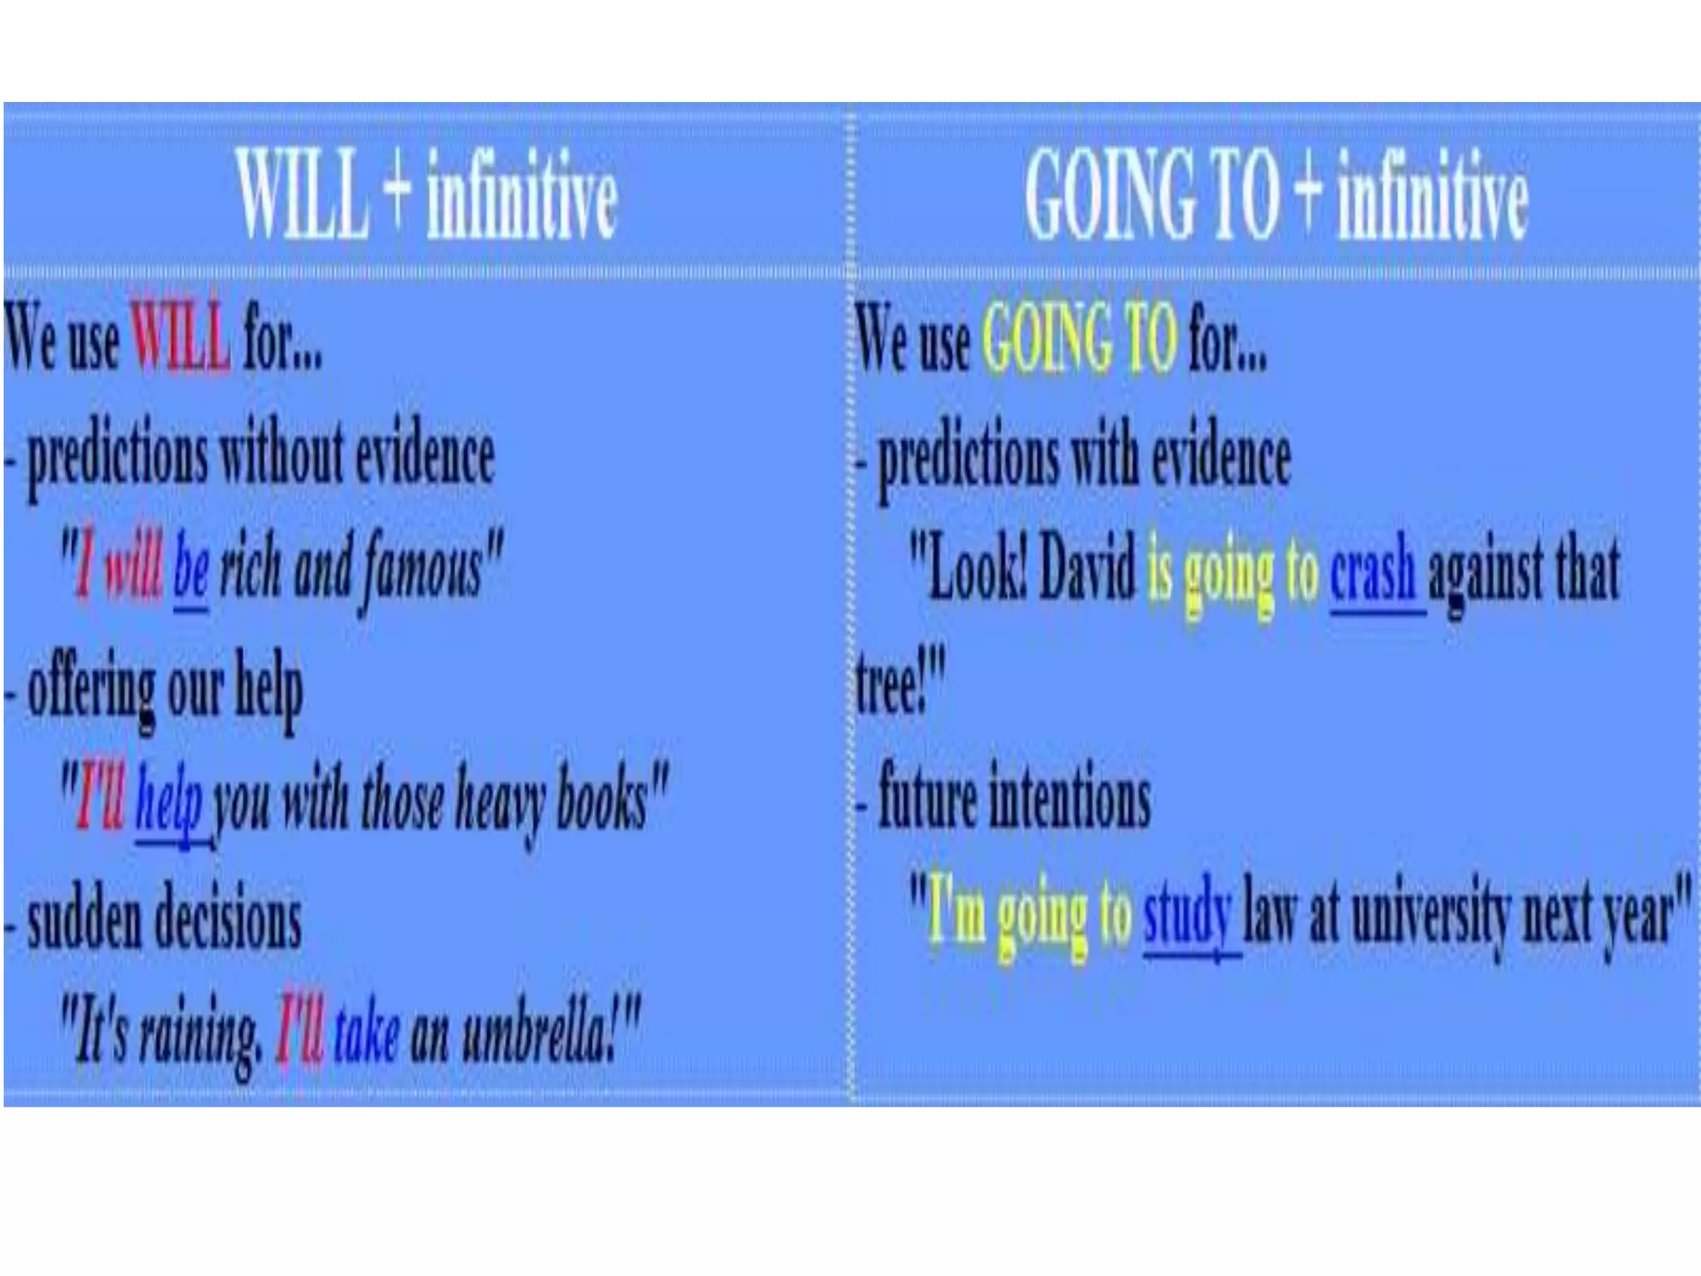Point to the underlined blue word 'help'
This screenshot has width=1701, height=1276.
169,801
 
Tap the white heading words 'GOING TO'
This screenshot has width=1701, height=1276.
1151,195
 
